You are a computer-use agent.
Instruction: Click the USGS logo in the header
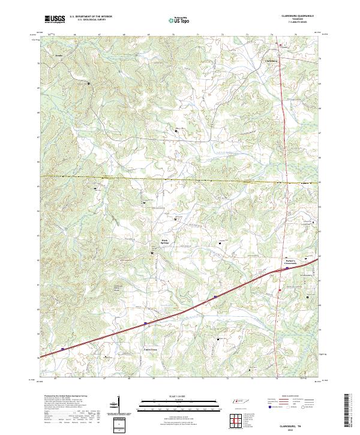pyautogui.click(x=55, y=19)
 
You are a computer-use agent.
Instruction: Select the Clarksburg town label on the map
pyautogui.click(x=273, y=61)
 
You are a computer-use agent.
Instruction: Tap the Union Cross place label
pyautogui.click(x=150, y=349)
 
